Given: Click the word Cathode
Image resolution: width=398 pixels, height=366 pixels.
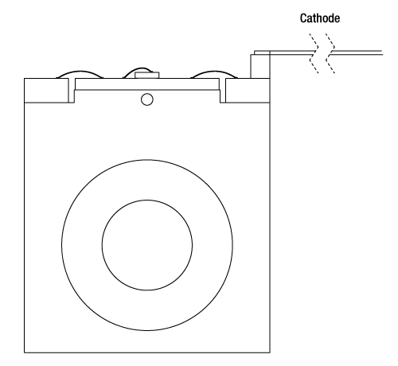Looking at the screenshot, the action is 320,18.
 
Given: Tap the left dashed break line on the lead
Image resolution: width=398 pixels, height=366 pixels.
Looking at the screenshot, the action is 314,53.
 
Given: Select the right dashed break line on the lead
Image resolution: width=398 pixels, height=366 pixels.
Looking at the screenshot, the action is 330,53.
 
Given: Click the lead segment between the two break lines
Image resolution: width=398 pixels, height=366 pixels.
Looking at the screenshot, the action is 322,53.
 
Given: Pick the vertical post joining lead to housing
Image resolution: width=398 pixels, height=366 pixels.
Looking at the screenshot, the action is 260,66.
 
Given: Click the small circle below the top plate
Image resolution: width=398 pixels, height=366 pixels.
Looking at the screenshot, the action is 147,99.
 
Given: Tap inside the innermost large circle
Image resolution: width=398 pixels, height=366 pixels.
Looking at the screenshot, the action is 147,245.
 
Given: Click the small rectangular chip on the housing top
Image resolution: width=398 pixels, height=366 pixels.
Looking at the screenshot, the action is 147,75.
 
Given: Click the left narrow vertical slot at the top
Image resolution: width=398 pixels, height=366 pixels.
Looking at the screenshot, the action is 72,90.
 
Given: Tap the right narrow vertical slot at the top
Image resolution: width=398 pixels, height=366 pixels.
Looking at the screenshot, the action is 222,90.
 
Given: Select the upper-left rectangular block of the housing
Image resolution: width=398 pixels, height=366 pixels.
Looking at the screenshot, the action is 46,90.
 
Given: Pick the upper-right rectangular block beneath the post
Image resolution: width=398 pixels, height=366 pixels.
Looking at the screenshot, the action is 248,90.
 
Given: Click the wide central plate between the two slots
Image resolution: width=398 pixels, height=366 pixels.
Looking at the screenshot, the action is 147,84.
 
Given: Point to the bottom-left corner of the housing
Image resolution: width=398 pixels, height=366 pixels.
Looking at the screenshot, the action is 25,352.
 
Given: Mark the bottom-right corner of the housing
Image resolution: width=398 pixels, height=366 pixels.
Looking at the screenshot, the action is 270,352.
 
